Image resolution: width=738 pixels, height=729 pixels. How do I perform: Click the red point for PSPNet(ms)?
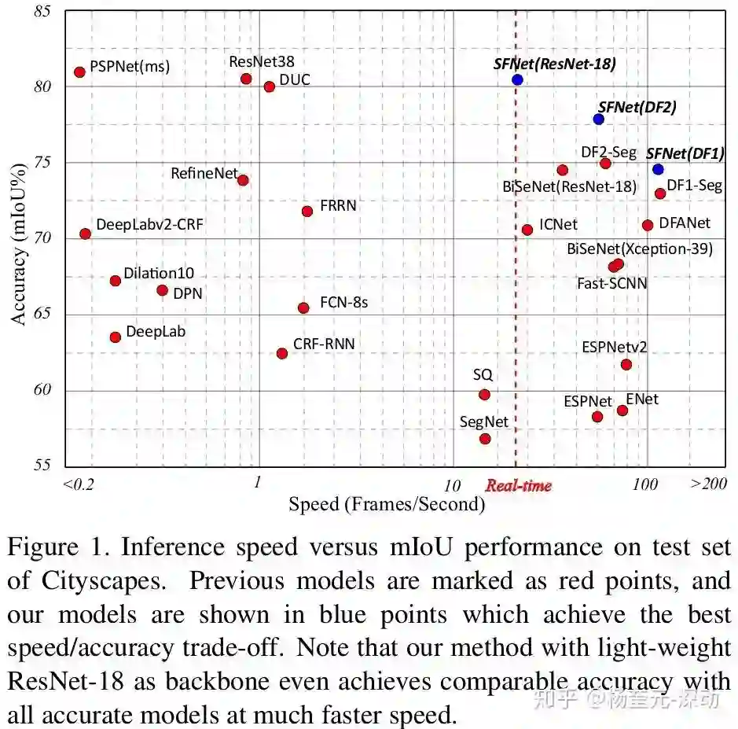(79, 72)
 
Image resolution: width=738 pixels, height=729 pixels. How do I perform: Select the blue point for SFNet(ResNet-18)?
(517, 79)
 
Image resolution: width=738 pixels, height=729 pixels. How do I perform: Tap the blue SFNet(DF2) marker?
(599, 119)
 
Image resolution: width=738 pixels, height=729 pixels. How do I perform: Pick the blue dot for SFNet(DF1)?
(658, 169)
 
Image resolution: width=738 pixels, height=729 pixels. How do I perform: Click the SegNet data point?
(485, 439)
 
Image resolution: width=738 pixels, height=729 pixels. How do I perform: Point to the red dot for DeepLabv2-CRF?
(85, 234)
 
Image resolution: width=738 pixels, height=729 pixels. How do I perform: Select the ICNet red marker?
(527, 230)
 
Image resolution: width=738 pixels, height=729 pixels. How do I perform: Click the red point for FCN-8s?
(303, 307)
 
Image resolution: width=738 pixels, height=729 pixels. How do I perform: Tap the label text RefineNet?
(204, 173)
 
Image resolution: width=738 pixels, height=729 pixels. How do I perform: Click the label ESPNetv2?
(614, 347)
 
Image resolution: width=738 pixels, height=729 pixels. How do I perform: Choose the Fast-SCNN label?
(611, 283)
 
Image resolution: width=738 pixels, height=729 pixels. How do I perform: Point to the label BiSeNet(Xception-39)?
(640, 249)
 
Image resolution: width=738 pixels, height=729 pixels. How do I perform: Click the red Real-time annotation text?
(518, 485)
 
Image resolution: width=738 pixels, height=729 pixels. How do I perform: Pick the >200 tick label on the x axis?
(708, 484)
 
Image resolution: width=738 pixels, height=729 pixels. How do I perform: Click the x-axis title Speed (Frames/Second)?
(386, 504)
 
